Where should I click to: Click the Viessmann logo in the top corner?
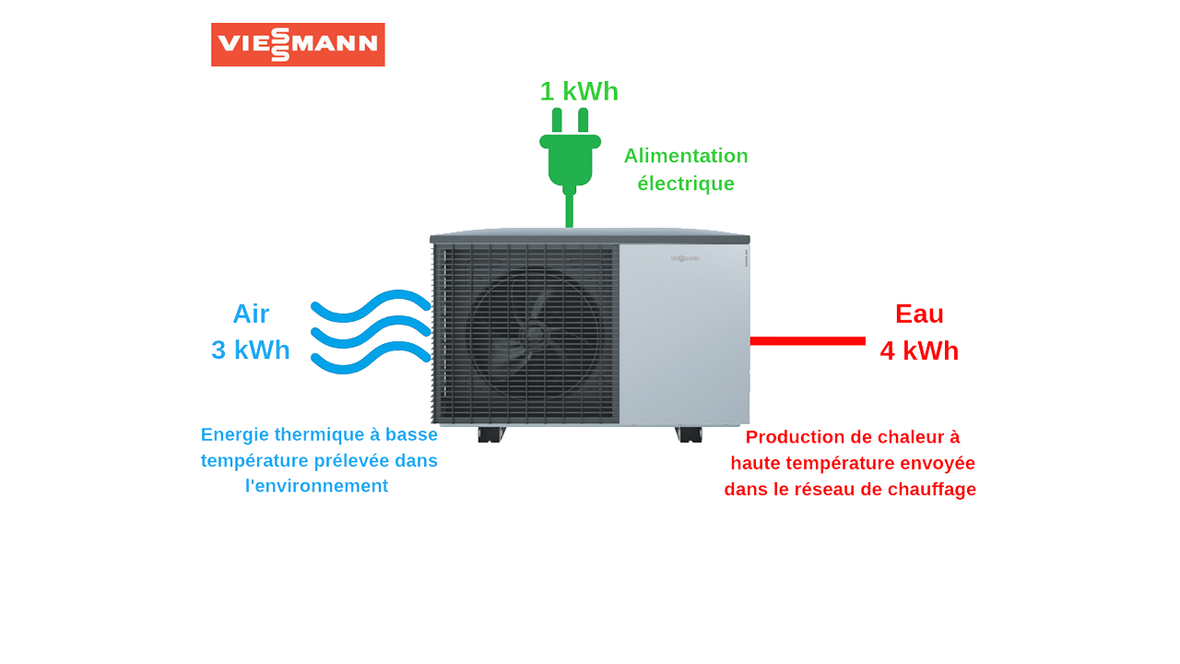click(298, 44)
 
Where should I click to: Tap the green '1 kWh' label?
click(579, 91)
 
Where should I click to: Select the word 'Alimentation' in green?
click(686, 156)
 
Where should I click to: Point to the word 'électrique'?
click(686, 184)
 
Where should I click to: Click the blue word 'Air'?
click(251, 314)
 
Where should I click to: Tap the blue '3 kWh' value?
click(251, 350)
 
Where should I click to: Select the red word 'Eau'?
click(919, 314)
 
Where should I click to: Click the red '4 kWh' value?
click(919, 351)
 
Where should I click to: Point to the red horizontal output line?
click(808, 341)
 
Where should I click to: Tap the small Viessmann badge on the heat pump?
click(684, 258)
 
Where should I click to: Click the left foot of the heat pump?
click(490, 434)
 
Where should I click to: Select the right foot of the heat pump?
click(689, 434)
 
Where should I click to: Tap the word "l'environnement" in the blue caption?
click(316, 486)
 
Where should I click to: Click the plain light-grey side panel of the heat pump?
click(684, 341)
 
